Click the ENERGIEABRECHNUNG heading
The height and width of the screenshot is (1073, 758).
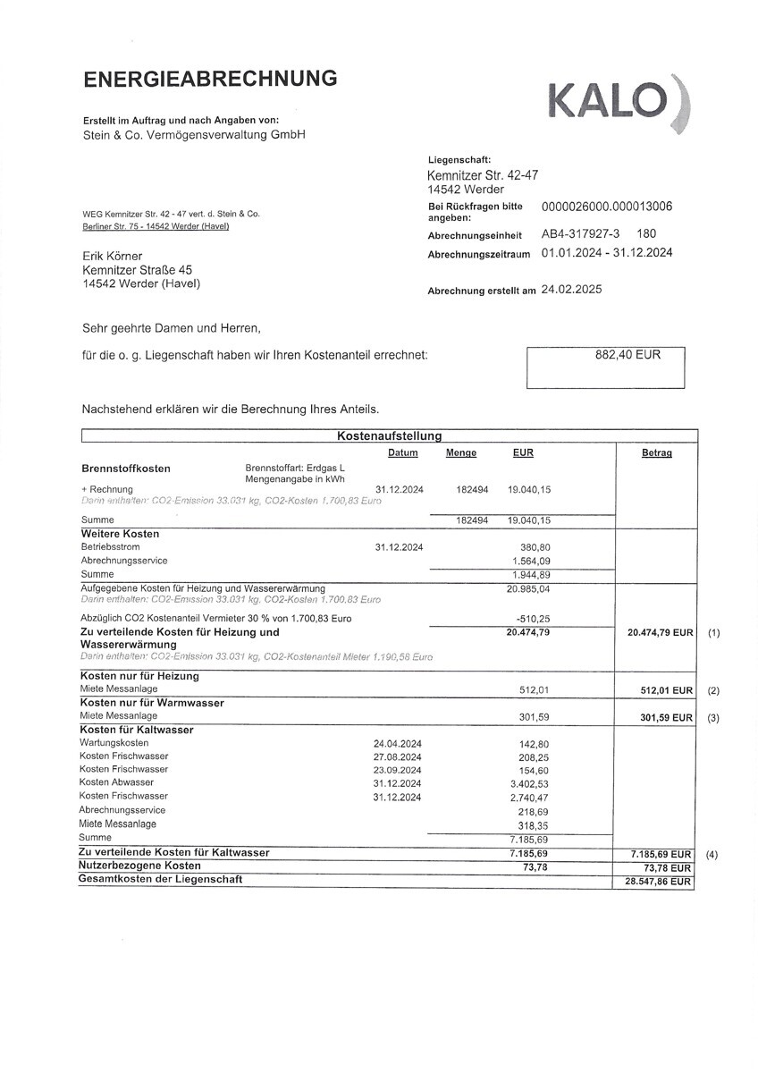click(210, 79)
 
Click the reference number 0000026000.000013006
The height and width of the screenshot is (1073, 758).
click(607, 207)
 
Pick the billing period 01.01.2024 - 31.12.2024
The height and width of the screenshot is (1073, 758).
click(607, 253)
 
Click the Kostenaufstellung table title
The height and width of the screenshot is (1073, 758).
click(389, 436)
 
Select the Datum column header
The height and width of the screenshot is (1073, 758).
click(403, 453)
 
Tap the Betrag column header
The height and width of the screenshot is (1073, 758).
click(656, 453)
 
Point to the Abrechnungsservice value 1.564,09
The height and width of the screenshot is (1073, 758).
click(529, 561)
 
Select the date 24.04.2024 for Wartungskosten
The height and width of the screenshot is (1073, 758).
click(397, 743)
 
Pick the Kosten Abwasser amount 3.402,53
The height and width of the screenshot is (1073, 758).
click(527, 783)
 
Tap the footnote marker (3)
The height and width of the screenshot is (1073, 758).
click(712, 717)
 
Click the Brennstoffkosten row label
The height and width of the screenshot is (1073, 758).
click(126, 469)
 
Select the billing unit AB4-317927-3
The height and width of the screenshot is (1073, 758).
click(580, 233)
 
